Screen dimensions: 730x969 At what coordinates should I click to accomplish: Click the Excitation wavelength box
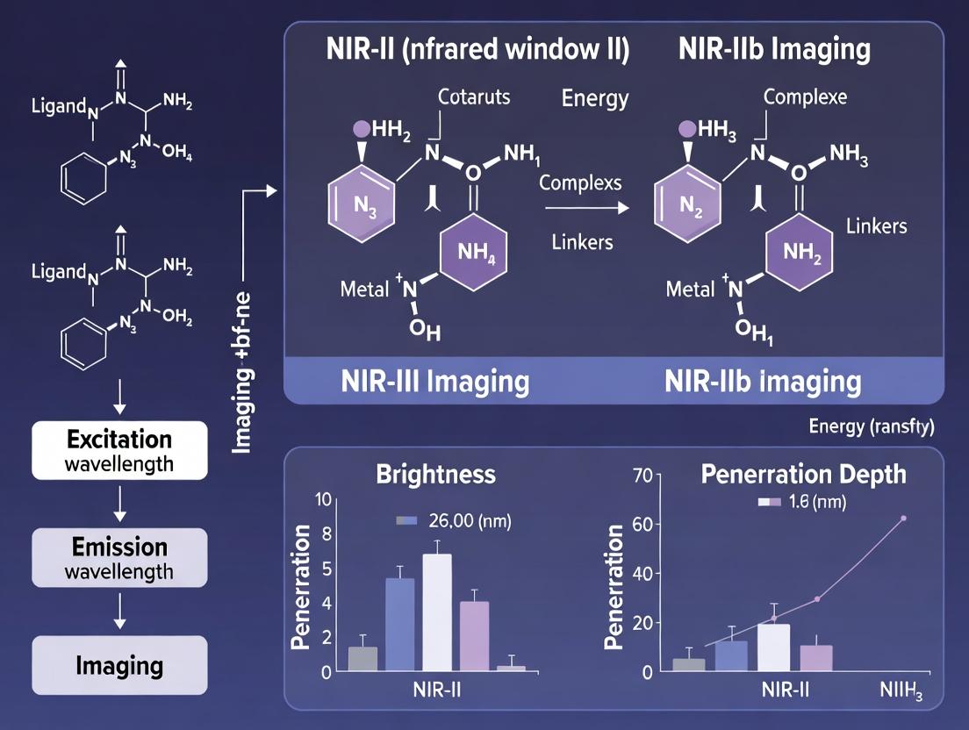pyautogui.click(x=120, y=450)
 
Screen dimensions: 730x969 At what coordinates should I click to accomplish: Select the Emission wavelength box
pyautogui.click(x=120, y=558)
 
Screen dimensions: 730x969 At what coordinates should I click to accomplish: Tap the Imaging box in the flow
pyautogui.click(x=120, y=665)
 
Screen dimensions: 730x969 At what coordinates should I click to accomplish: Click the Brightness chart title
pyautogui.click(x=435, y=475)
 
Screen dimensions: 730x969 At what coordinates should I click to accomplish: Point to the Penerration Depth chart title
pyautogui.click(x=803, y=475)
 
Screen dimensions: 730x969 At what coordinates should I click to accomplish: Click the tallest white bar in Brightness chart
pyautogui.click(x=436, y=612)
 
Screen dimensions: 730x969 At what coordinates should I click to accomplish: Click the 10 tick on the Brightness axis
pyautogui.click(x=324, y=500)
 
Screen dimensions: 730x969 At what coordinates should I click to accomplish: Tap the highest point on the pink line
pyautogui.click(x=903, y=518)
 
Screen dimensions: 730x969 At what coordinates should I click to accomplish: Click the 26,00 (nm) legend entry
pyautogui.click(x=454, y=520)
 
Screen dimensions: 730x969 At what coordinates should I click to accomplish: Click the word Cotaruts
pyautogui.click(x=474, y=97)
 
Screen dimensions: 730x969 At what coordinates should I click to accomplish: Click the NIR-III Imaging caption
pyautogui.click(x=435, y=382)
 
